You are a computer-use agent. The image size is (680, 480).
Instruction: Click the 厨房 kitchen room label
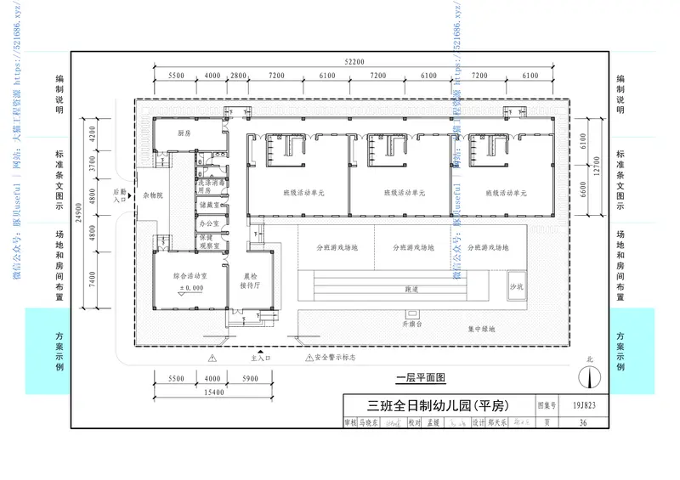[183, 133]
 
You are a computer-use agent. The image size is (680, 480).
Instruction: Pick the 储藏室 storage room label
[209, 205]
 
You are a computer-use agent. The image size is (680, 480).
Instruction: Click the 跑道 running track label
[411, 290]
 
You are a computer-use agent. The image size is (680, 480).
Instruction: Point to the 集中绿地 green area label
[481, 328]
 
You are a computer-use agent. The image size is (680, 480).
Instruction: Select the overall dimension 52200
[354, 62]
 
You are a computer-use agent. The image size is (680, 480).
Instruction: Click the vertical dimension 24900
[78, 219]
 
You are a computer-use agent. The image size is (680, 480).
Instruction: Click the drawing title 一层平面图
[421, 377]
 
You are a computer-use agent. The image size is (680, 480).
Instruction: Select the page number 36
[582, 422]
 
